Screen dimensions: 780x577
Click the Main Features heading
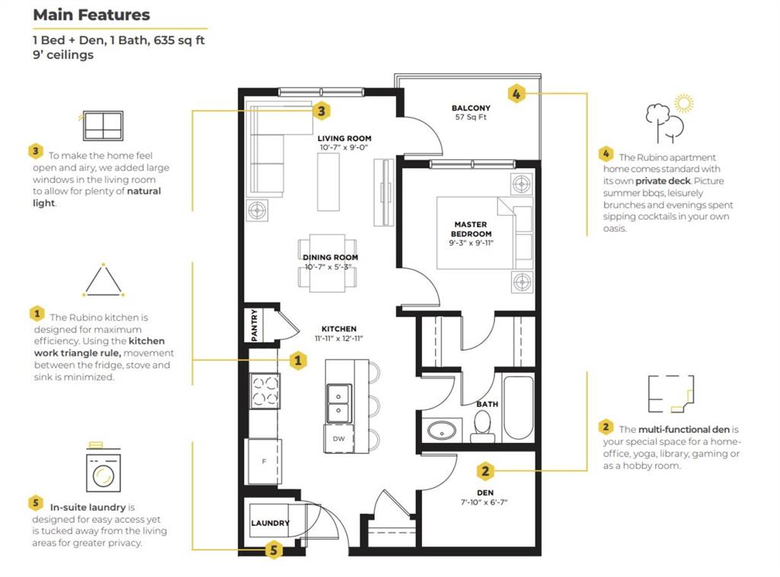coord(91,15)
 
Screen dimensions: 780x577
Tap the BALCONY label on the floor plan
coord(471,108)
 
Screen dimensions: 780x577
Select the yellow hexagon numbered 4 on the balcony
coord(516,94)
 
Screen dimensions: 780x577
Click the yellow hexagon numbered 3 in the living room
coord(321,111)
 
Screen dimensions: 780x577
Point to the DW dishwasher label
coord(339,438)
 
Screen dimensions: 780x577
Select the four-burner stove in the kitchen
coord(264,391)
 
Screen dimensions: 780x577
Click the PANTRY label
coord(254,325)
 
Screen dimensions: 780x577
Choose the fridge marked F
coord(264,461)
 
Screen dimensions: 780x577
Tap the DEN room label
coord(485,492)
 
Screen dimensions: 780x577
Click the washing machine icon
coord(103,468)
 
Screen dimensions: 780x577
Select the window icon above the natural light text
coord(102,126)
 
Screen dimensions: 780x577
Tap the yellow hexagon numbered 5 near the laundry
coord(273,550)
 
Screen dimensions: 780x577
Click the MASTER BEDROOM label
coord(471,229)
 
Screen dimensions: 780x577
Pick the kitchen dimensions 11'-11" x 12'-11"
coord(339,338)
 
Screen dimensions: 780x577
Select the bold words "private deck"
coord(663,181)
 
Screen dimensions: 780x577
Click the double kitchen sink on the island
coord(339,403)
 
